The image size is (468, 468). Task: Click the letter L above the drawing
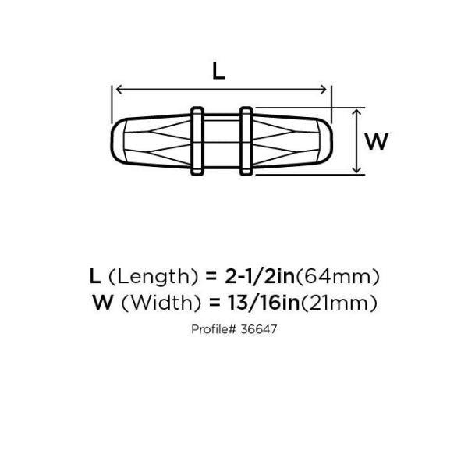click(218, 72)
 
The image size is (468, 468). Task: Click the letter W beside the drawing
click(377, 141)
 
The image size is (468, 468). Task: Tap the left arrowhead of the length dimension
click(119, 89)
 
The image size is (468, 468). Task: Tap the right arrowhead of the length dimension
click(324, 89)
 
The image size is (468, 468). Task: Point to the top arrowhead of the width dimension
click(356, 113)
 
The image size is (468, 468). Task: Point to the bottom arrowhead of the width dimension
click(356, 169)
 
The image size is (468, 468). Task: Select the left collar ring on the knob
click(197, 141)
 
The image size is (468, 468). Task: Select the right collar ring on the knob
click(246, 141)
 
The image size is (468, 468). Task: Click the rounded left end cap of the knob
click(119, 141)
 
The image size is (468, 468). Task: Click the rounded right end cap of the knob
click(325, 141)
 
